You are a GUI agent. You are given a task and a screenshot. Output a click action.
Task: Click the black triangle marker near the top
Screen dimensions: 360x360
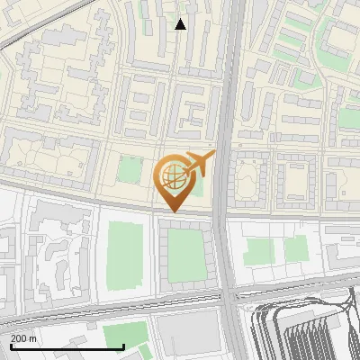tap(180, 24)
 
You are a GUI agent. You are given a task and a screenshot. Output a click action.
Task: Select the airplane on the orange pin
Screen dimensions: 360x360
tap(201, 164)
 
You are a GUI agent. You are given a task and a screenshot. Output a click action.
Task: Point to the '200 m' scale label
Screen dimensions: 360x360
tap(24, 337)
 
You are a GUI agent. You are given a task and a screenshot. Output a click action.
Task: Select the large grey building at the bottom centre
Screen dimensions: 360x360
tap(190, 337)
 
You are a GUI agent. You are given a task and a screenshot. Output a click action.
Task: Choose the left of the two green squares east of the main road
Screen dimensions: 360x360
tap(259, 250)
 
